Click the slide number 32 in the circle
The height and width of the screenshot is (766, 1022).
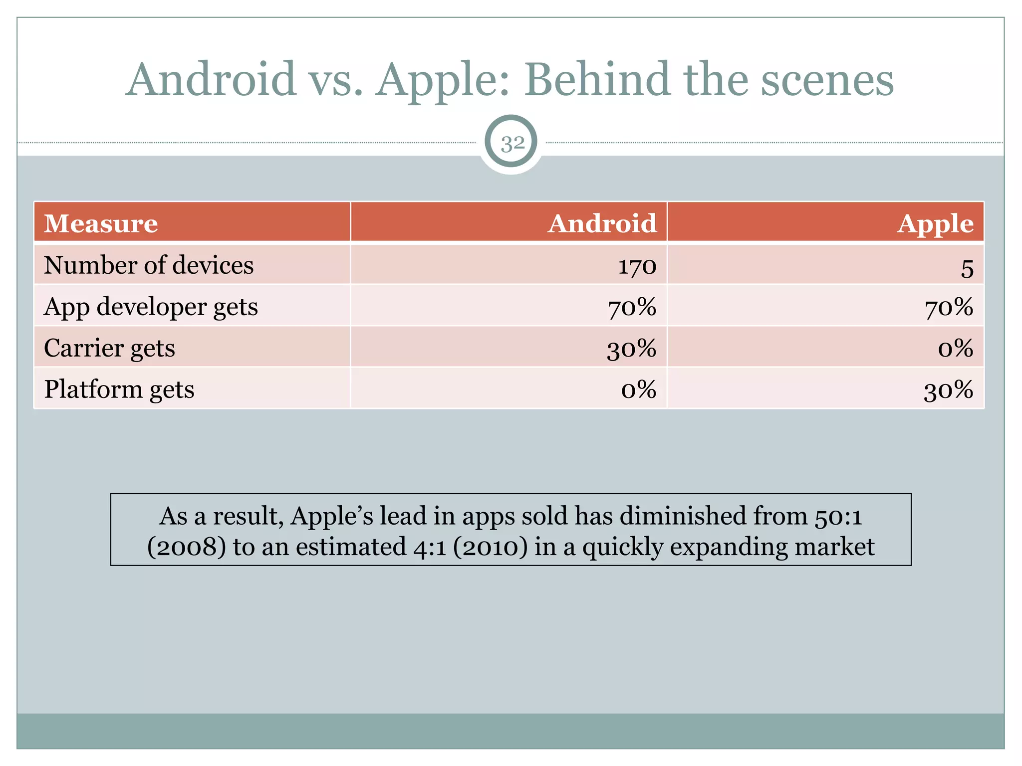(512, 144)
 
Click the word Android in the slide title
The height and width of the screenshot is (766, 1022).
(211, 80)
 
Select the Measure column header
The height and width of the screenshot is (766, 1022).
(101, 223)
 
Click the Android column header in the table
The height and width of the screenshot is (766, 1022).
(602, 223)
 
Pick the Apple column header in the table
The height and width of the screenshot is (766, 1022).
(935, 224)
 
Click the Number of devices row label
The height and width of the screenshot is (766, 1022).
(149, 265)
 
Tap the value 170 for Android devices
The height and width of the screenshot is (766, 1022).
(637, 266)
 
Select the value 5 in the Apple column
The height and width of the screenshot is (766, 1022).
(967, 268)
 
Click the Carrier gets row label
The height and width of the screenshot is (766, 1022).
(109, 348)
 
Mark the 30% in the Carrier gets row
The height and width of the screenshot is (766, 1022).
(631, 349)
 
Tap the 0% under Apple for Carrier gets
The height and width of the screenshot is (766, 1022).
(955, 349)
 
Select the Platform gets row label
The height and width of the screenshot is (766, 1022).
(119, 389)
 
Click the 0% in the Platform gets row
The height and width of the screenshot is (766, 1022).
(638, 389)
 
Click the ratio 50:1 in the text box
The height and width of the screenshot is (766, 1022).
(838, 517)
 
